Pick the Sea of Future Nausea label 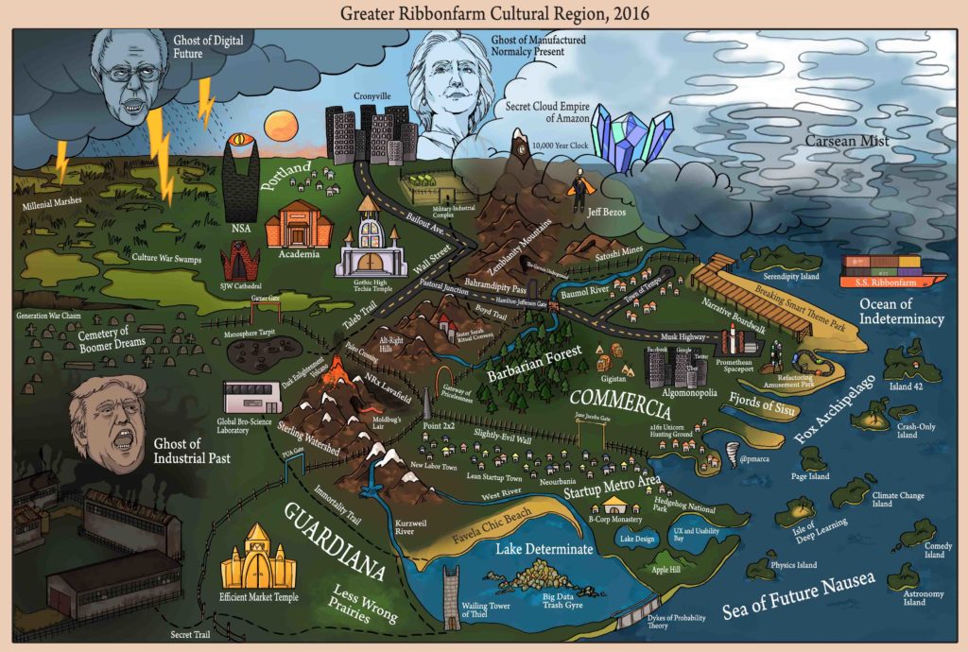[800, 596]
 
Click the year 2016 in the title [612, 14]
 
